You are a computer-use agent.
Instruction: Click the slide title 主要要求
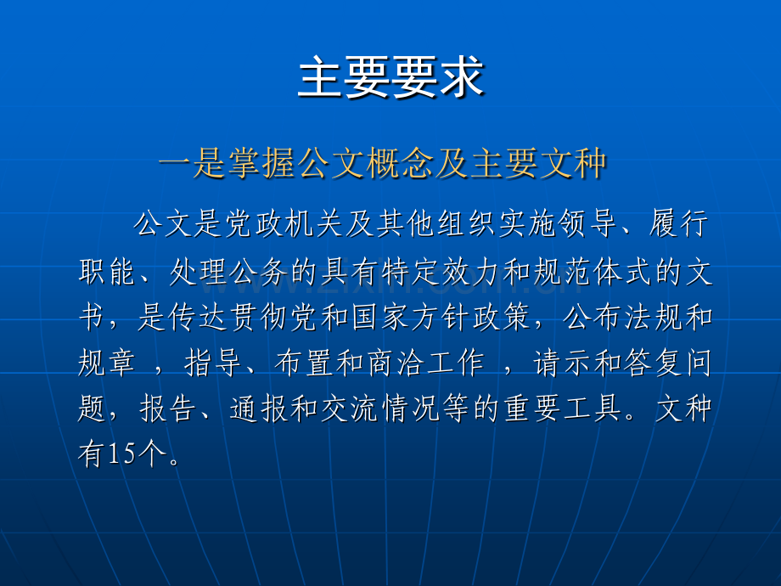[390, 78]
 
